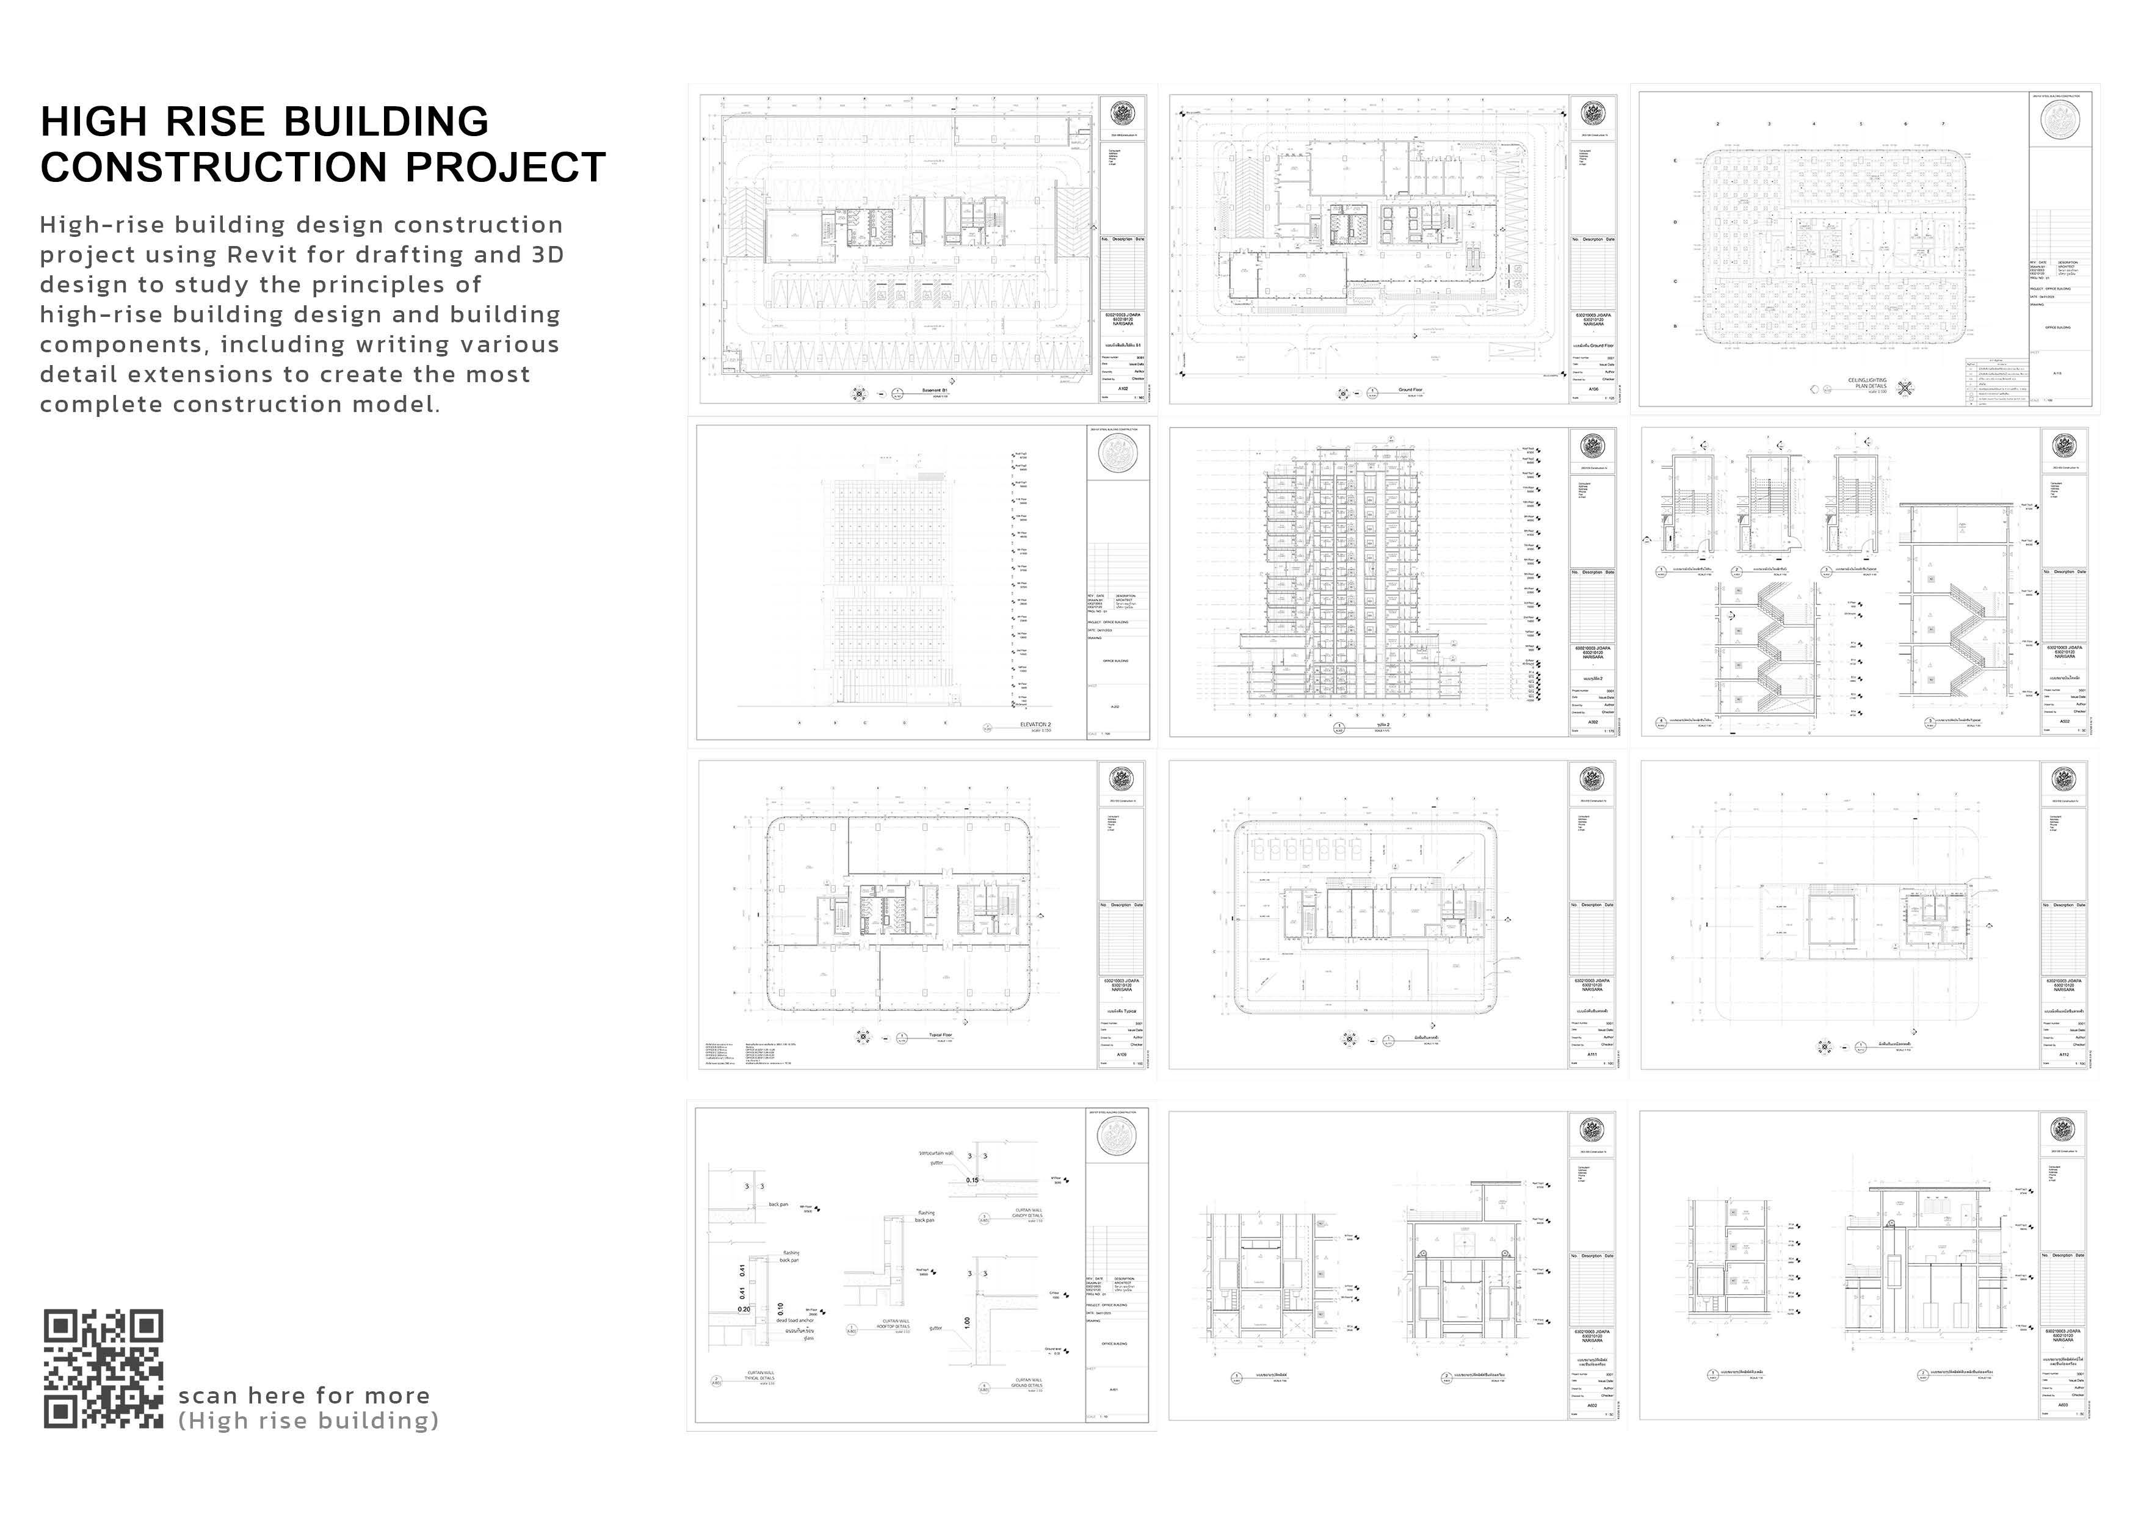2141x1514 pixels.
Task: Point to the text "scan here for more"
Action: coord(304,1396)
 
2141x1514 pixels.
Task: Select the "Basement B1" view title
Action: coord(934,389)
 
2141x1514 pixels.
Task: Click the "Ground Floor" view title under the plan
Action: coord(1410,389)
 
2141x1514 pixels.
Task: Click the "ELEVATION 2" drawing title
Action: coord(1035,725)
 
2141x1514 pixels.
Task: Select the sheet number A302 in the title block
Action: coord(1593,722)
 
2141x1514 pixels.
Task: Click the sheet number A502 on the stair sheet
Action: coord(2065,722)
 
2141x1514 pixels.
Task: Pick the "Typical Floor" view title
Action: coord(940,1035)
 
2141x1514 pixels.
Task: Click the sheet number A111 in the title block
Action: coord(1593,1054)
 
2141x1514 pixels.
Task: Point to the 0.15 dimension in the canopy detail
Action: coord(973,1180)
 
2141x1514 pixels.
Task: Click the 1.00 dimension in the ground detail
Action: coord(967,1322)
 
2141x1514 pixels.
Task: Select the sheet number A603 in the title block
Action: coord(2063,1404)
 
